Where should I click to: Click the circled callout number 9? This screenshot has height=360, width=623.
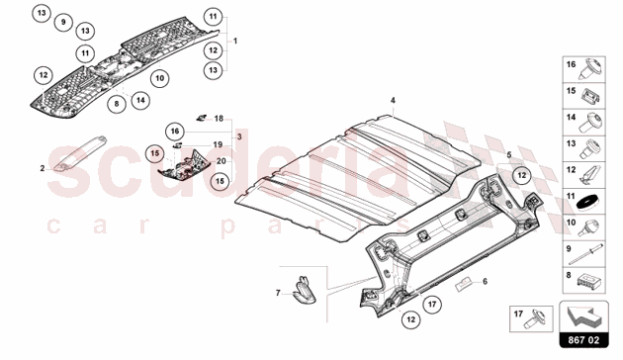click(63, 22)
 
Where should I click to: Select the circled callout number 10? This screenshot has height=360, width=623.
click(160, 78)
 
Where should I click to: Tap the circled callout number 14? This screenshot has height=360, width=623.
click(140, 100)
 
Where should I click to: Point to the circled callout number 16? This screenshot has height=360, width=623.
click(175, 132)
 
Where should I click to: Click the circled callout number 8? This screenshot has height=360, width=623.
click(117, 104)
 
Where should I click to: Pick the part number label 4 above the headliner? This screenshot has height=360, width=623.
click(393, 101)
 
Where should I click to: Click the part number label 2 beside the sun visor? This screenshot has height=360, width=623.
click(43, 168)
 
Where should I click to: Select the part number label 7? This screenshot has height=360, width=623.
click(278, 294)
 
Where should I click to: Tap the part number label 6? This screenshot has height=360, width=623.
click(485, 281)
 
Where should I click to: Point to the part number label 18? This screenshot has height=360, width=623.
click(219, 119)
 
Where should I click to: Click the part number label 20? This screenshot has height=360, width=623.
click(222, 161)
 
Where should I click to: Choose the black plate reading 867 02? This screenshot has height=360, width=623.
click(583, 340)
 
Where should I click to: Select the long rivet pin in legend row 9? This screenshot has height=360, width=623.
click(586, 254)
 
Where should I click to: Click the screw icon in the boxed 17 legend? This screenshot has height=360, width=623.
click(537, 318)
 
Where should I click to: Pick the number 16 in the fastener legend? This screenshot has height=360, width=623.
click(571, 64)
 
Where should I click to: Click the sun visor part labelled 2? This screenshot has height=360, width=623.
click(81, 152)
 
